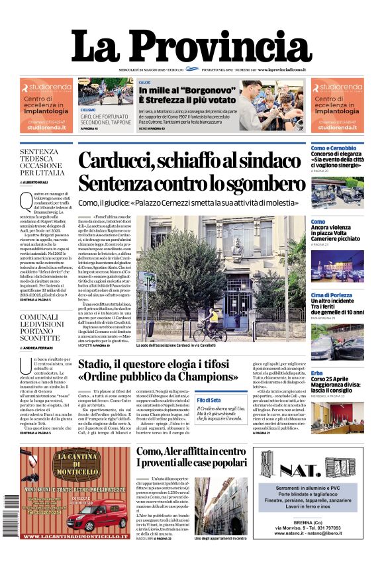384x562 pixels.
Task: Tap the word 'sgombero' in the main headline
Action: pos(254,183)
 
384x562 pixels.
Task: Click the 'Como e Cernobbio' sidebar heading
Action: pos(334,148)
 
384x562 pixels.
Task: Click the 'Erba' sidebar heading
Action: pos(317,373)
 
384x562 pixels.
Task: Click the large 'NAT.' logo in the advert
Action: pos(308,470)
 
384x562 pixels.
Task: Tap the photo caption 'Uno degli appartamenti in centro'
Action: pos(221,538)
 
